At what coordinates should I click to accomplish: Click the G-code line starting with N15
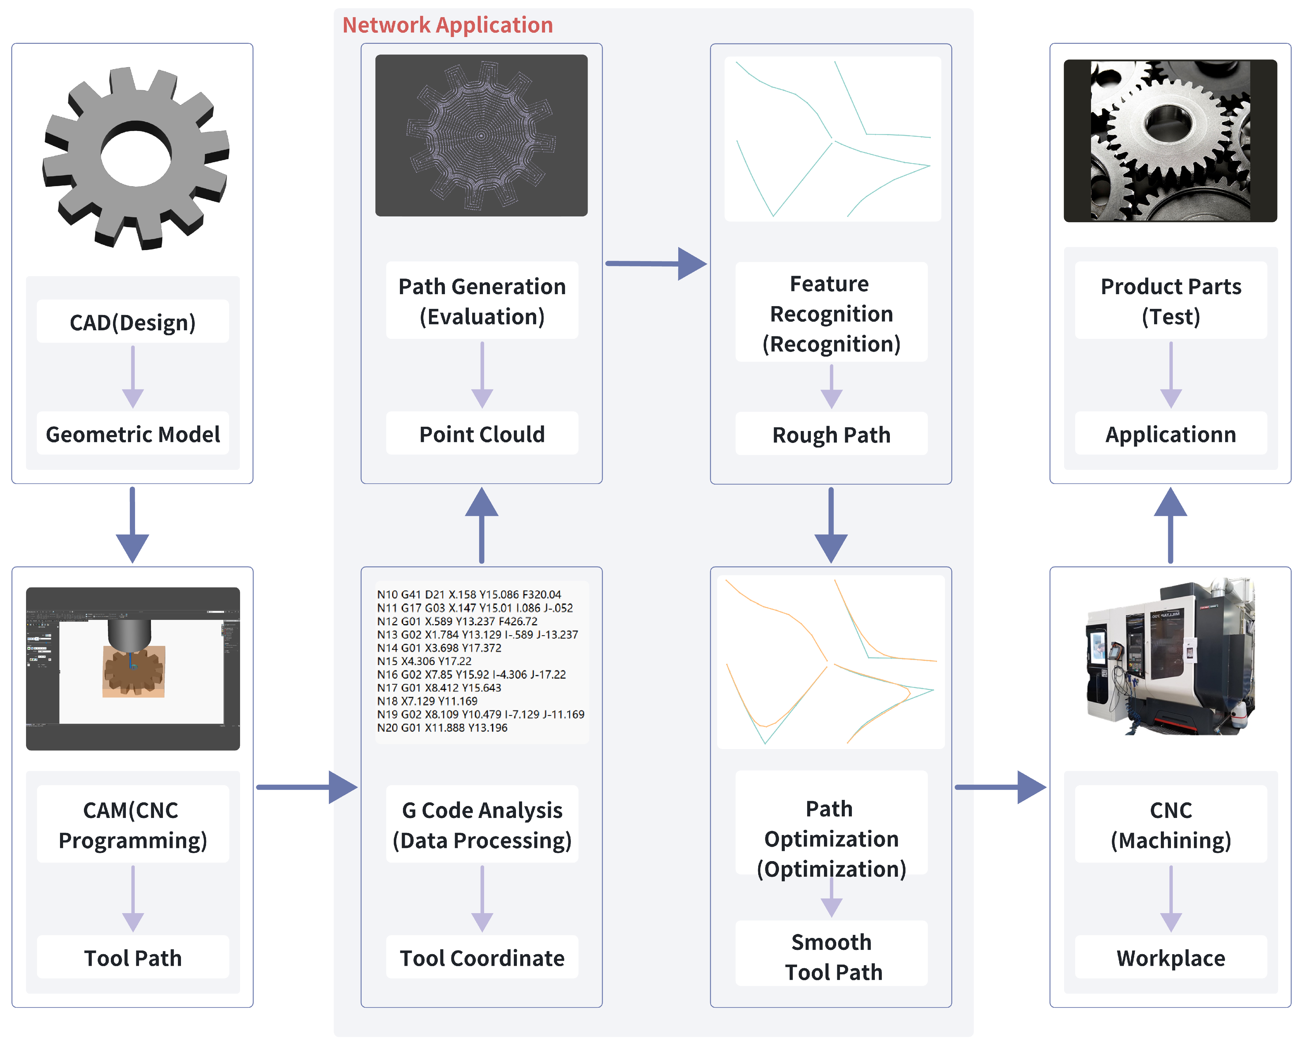424,661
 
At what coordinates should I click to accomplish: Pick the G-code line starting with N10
468,594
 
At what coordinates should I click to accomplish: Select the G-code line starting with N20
442,727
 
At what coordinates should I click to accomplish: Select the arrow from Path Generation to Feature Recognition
655,264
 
